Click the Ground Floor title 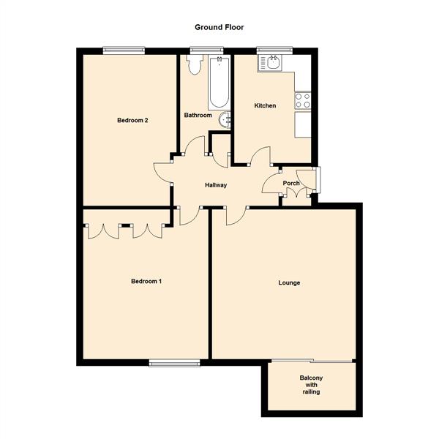[x=219, y=27]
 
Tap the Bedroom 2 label [x=133, y=121]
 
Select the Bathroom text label [x=198, y=116]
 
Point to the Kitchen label [x=265, y=106]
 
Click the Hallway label [x=216, y=185]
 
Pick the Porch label [x=291, y=184]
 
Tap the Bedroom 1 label [x=146, y=282]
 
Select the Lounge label [x=289, y=282]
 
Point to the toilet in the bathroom [x=195, y=66]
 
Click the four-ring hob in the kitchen [x=302, y=100]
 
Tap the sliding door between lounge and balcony [x=312, y=361]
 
